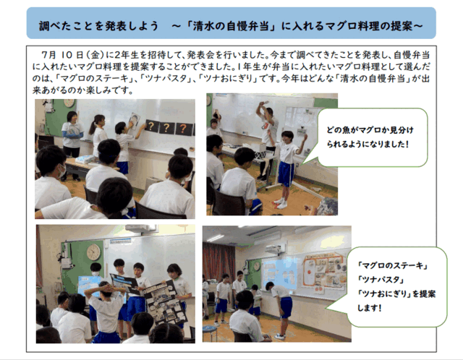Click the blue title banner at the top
click(x=231, y=23)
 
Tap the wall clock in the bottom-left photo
click(x=93, y=252)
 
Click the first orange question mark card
click(x=151, y=127)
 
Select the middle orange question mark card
click(x=167, y=128)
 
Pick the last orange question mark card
click(x=184, y=129)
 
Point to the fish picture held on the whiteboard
click(x=135, y=121)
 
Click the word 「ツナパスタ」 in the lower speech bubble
click(x=381, y=280)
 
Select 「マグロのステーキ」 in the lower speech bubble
click(x=393, y=265)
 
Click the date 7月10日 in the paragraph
click(x=62, y=55)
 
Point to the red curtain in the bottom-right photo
click(x=218, y=262)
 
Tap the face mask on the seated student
click(x=62, y=171)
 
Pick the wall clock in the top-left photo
click(x=69, y=103)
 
